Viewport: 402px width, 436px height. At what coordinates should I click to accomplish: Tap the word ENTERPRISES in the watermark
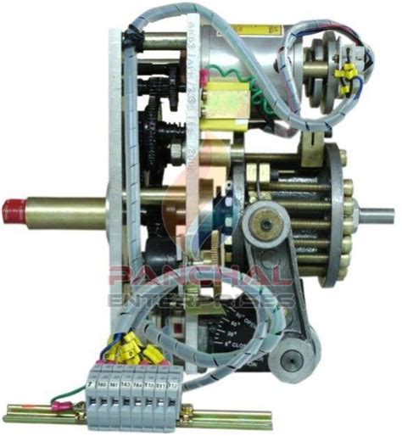coord(199,299)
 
